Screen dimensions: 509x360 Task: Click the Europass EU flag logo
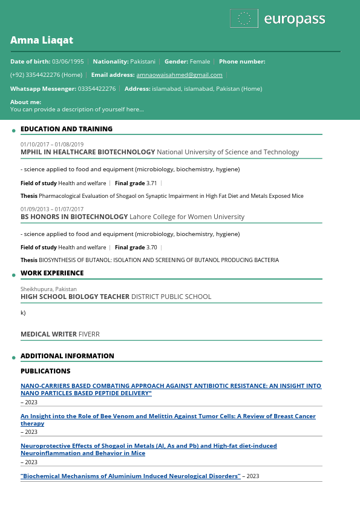[x=244, y=19]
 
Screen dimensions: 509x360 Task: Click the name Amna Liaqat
[x=42, y=40]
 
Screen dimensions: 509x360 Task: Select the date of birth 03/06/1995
[x=68, y=62]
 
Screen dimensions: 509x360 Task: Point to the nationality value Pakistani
[x=143, y=62]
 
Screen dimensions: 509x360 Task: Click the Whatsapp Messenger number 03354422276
[x=96, y=89]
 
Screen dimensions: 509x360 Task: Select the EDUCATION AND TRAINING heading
[x=67, y=129]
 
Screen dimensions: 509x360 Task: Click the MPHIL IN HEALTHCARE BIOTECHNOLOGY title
[x=88, y=153]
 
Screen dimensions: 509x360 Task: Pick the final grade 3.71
[x=151, y=183]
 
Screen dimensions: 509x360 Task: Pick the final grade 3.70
[x=151, y=248]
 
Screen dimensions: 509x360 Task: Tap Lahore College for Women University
[x=187, y=217]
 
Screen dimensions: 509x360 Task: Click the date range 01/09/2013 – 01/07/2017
[x=52, y=209]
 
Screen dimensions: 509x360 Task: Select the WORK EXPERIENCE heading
[x=52, y=273]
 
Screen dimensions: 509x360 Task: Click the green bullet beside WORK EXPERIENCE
[x=14, y=275]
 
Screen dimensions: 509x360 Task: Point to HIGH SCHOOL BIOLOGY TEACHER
[x=75, y=297]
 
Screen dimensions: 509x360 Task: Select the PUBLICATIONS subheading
[x=45, y=371]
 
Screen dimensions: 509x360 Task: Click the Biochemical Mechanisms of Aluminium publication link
[x=131, y=476]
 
